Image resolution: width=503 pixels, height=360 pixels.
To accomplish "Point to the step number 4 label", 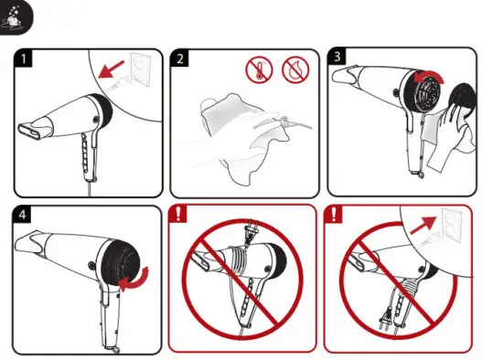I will click(22, 216).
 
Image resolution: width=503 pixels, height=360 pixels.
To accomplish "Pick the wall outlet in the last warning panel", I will click(451, 222).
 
